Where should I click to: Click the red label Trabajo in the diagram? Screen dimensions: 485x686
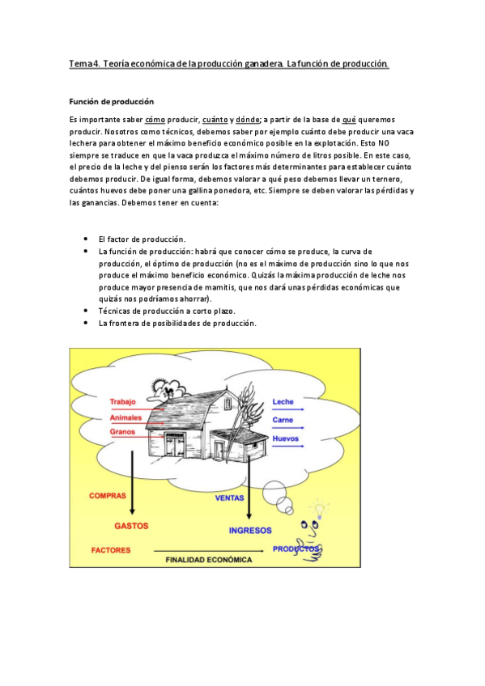[x=123, y=402]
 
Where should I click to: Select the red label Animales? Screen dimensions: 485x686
[x=126, y=417]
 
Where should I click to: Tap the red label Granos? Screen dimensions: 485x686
[x=123, y=432]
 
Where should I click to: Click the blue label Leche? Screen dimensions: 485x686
[x=283, y=402]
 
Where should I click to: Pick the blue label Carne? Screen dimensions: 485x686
[x=283, y=420]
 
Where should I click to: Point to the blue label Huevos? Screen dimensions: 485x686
[x=286, y=438]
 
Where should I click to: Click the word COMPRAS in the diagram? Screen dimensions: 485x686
[x=108, y=496]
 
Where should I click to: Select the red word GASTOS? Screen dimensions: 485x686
[x=131, y=525]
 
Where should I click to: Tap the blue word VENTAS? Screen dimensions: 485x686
[x=230, y=498]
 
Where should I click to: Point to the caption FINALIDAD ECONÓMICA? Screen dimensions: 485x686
[x=209, y=559]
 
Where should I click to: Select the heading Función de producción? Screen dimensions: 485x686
[x=111, y=102]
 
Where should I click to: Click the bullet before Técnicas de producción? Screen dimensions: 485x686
[x=87, y=311]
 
